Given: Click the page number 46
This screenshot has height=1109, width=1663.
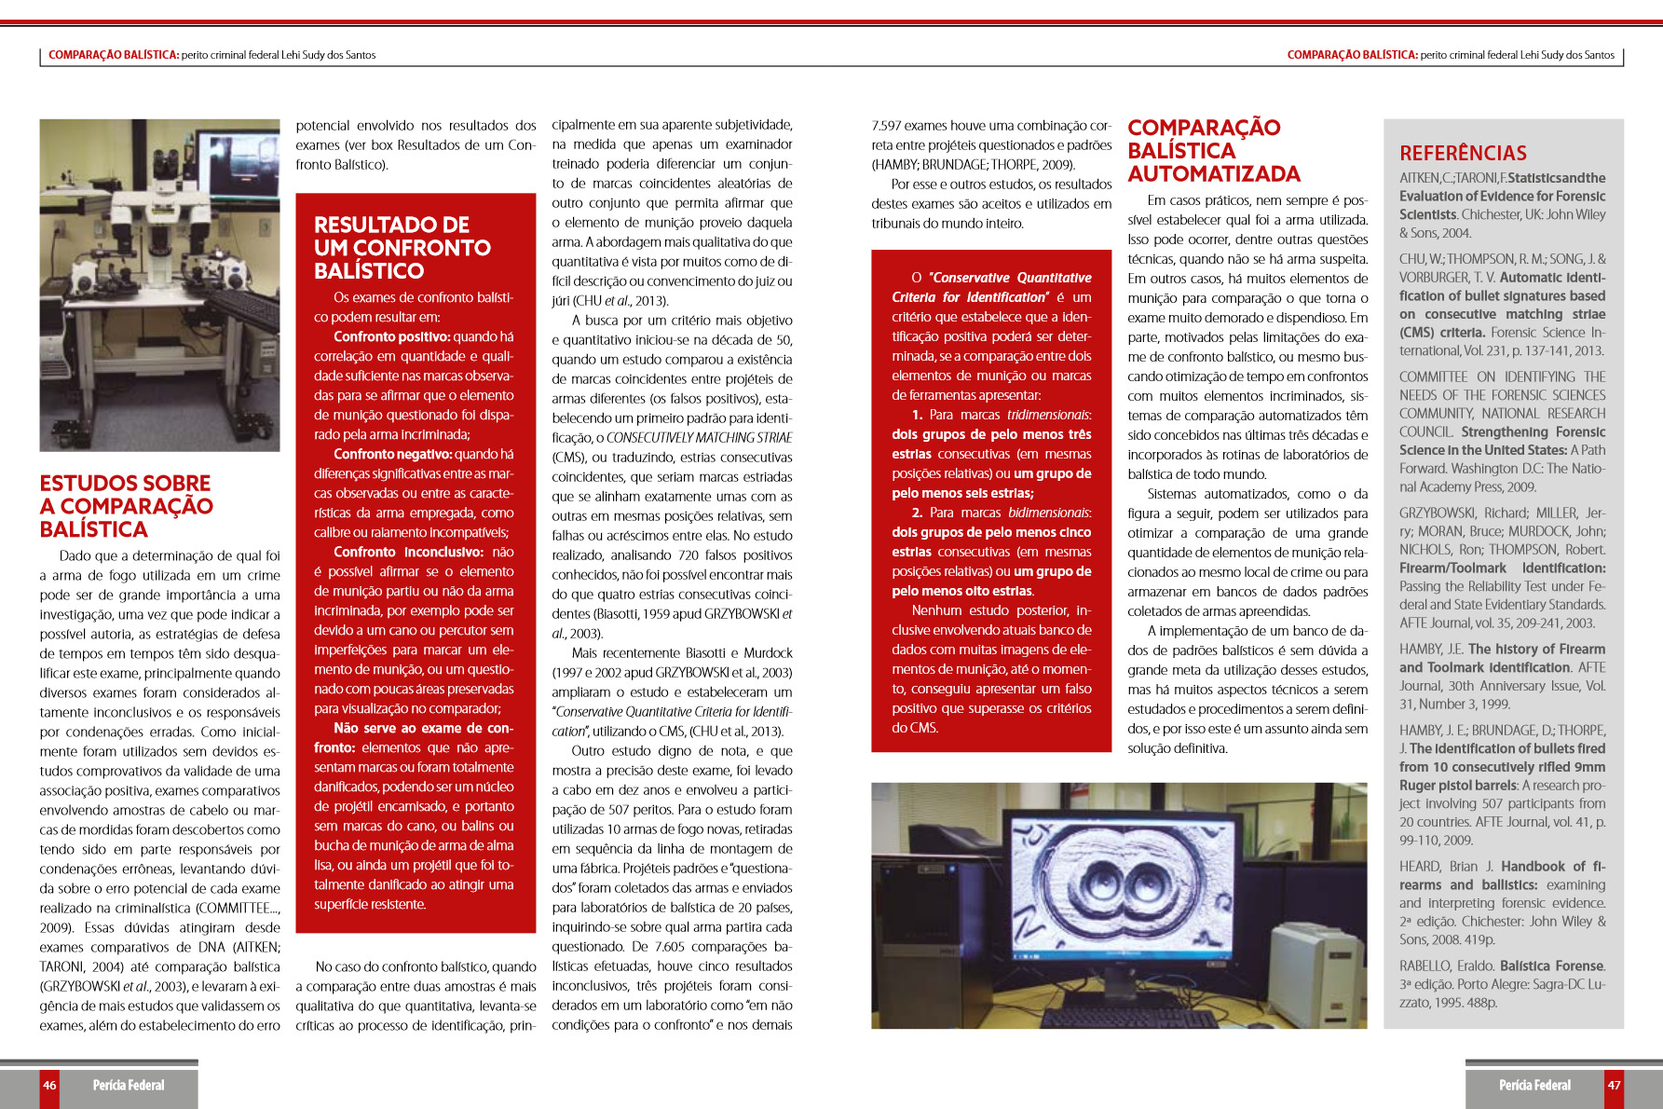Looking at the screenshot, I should tap(49, 1085).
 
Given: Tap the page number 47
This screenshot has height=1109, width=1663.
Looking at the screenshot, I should tap(1614, 1085).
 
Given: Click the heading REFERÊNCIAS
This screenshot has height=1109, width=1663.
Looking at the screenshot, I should tap(1463, 154).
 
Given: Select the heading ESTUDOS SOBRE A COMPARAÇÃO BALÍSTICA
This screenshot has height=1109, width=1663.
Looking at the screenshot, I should tap(126, 506).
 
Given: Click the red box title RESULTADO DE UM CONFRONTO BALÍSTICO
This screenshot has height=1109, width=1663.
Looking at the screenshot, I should tap(402, 248).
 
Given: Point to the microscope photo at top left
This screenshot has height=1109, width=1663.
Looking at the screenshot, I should tap(159, 285).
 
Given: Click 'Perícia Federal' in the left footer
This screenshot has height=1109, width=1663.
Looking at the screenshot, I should tap(129, 1085).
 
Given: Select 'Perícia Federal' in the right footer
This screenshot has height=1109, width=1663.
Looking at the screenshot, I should tap(1534, 1085).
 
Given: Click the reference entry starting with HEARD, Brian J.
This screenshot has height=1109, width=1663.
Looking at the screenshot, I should tap(1502, 902).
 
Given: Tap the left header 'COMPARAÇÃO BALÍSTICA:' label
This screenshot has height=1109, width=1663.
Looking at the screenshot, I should tap(114, 55).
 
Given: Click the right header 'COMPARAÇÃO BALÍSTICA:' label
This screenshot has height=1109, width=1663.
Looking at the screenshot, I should tap(1352, 55).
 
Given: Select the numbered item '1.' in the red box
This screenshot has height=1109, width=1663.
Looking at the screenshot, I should tap(918, 415).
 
